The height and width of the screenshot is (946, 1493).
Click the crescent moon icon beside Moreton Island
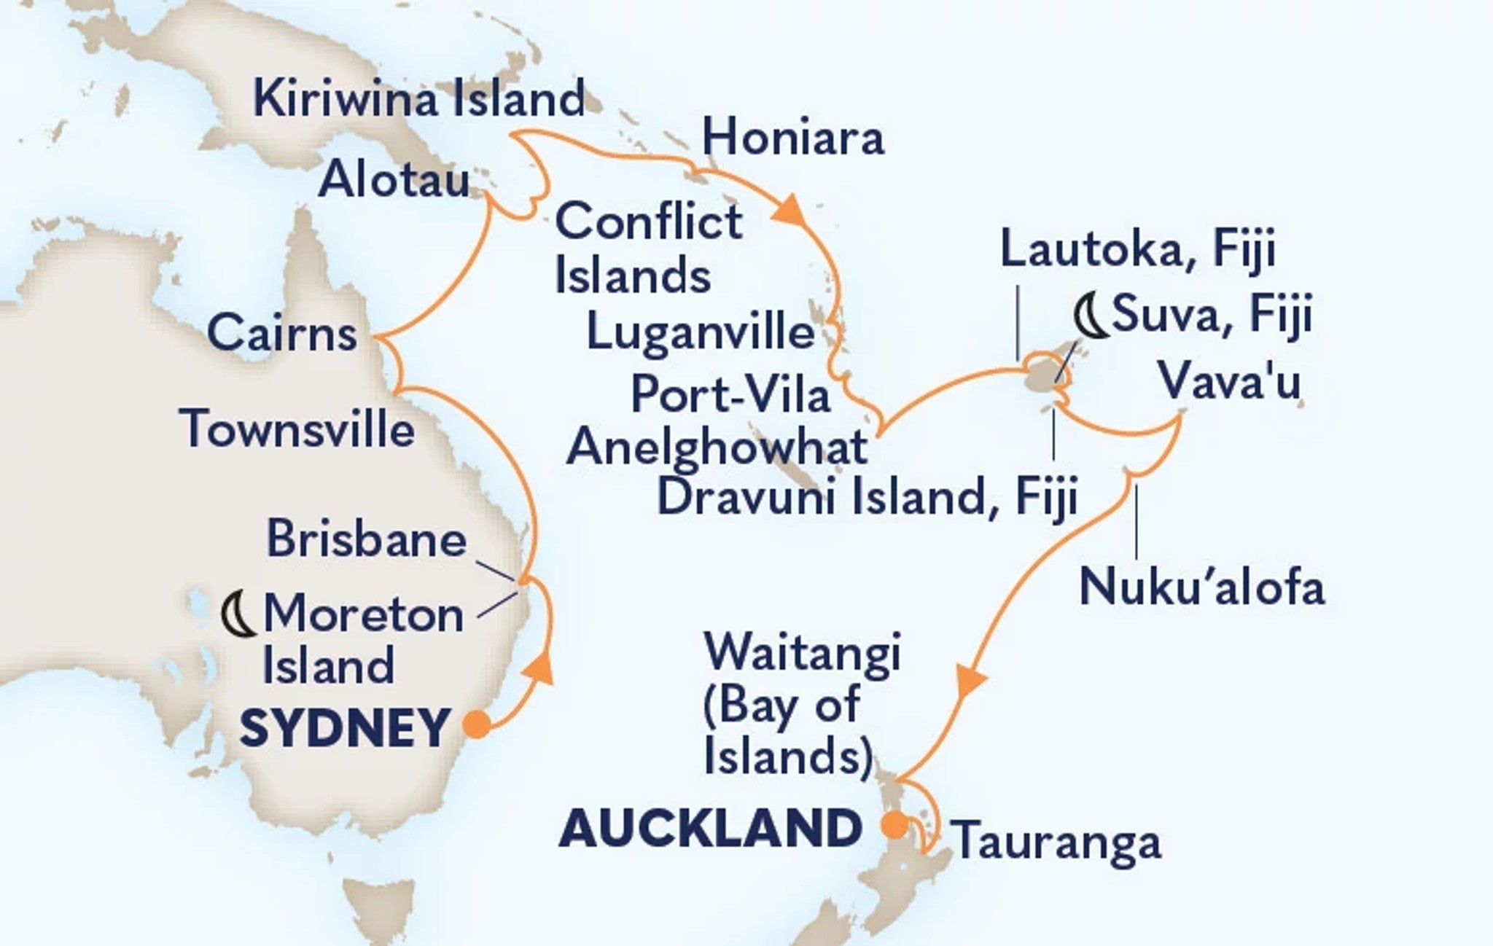(x=238, y=614)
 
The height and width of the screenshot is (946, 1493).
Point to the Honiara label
(x=793, y=138)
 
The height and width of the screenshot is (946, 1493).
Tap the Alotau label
(x=394, y=179)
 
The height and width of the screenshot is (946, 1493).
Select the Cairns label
(x=282, y=335)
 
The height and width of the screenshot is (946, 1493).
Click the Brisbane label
(x=367, y=540)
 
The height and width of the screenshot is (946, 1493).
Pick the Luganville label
(x=700, y=333)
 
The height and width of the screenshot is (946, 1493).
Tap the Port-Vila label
(x=730, y=395)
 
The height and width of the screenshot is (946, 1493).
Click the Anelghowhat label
(x=717, y=446)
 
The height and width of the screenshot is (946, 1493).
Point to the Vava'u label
(x=1229, y=381)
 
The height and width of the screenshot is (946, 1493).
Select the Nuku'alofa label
(x=1201, y=587)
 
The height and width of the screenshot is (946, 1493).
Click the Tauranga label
(x=1057, y=843)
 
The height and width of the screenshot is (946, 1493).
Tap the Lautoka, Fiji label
(x=1137, y=251)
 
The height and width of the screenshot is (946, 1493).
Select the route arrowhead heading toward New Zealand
(x=970, y=682)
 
